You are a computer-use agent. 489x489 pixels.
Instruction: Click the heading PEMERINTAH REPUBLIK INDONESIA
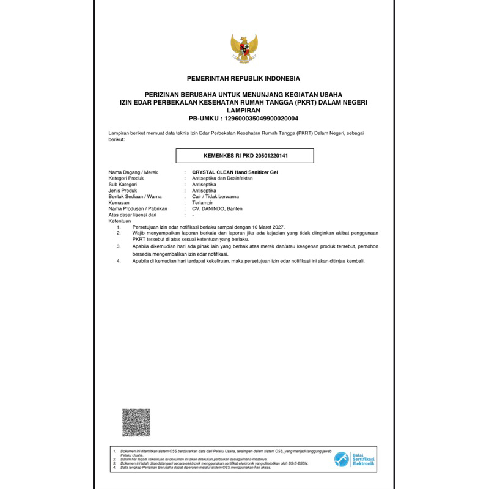pos(243,79)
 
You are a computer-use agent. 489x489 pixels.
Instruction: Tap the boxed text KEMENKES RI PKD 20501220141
pos(245,156)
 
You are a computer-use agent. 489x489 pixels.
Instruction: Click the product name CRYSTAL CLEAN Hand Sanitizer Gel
pos(235,172)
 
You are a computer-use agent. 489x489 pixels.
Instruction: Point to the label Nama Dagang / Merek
pos(133,172)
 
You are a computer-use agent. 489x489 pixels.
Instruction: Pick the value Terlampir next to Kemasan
pos(203,203)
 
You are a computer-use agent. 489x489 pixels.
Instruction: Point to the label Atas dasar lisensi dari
pos(133,215)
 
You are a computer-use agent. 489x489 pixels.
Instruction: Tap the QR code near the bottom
pos(136,422)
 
